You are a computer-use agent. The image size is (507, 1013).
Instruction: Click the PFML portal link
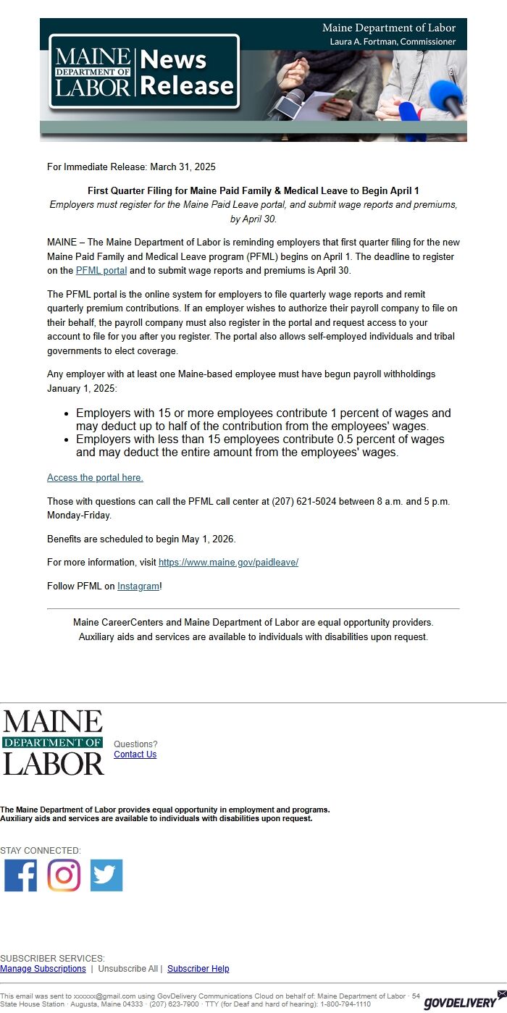click(101, 271)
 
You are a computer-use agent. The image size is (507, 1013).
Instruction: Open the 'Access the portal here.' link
click(95, 478)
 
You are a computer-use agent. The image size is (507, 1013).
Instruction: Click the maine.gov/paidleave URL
click(228, 563)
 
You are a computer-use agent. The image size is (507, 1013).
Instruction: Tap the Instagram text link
click(138, 587)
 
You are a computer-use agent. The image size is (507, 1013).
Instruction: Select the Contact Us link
click(135, 755)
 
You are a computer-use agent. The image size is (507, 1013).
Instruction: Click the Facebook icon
click(20, 875)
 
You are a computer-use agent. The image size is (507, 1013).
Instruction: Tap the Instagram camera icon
click(64, 875)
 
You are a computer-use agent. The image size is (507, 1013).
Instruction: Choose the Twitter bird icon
click(106, 875)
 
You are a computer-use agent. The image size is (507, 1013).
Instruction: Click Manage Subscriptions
click(43, 969)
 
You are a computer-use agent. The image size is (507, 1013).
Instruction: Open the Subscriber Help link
click(198, 969)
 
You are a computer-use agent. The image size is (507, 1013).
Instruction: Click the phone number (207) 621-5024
click(304, 502)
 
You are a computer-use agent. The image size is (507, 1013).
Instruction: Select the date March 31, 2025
click(183, 167)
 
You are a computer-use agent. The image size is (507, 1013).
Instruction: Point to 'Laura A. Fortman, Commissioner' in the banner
click(393, 42)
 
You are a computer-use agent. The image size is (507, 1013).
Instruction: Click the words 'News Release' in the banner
click(187, 72)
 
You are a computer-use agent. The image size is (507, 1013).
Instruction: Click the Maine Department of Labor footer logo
click(54, 742)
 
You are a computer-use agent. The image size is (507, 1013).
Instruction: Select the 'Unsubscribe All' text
click(127, 969)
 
